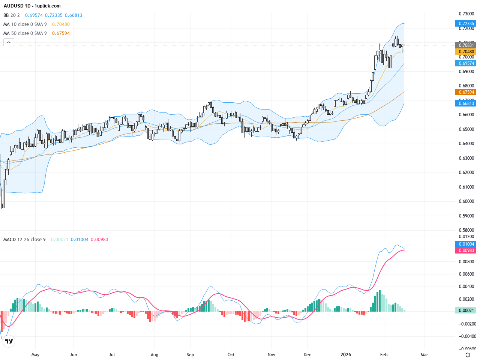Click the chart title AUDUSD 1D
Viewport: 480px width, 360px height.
(x=32, y=6)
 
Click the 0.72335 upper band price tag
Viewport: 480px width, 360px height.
(x=466, y=23)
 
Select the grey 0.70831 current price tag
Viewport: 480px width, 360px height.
(x=466, y=45)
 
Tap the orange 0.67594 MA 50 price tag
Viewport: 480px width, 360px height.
(x=466, y=92)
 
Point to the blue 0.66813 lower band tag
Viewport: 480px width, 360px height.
(x=466, y=103)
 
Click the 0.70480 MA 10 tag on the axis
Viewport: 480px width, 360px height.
(x=466, y=52)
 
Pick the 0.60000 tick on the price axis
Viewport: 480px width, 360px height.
(x=466, y=201)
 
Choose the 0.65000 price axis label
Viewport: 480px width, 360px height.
(x=466, y=129)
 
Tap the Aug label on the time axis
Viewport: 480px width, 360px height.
(x=154, y=355)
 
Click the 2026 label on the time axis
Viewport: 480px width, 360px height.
(x=345, y=355)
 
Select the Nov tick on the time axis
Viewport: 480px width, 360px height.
(x=271, y=355)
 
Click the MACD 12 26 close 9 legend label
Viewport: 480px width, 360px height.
(x=24, y=240)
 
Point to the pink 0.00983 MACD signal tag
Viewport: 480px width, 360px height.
(x=466, y=250)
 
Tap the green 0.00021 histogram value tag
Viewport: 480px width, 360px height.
(x=466, y=310)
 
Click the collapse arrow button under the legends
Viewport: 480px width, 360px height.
(x=9, y=42)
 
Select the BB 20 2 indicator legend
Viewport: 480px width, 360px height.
(x=12, y=15)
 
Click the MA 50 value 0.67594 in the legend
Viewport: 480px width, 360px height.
(x=61, y=33)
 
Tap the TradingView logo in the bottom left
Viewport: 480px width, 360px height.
(x=9, y=341)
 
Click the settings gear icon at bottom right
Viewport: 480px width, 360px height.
(x=468, y=355)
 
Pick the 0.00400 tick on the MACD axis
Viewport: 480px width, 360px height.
(x=466, y=286)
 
